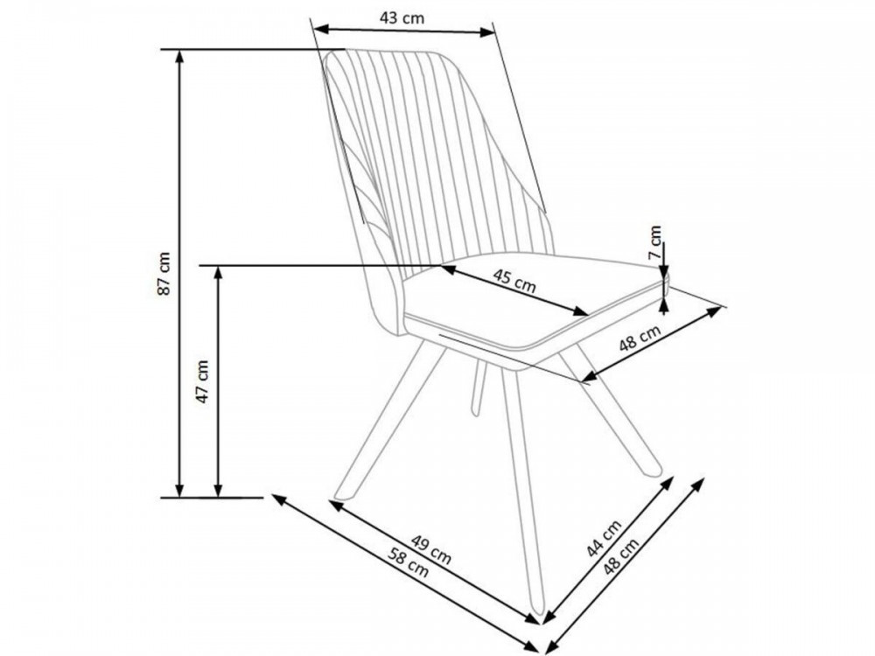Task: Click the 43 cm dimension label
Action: click(x=402, y=17)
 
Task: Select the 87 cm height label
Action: click(x=164, y=273)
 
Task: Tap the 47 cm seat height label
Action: click(x=201, y=381)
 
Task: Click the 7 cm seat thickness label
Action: click(x=654, y=241)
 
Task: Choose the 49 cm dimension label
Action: click(x=430, y=549)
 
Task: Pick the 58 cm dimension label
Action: click(x=409, y=562)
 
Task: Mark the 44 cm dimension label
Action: click(x=603, y=538)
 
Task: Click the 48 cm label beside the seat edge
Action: click(x=640, y=338)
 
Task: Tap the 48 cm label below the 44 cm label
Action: click(x=620, y=557)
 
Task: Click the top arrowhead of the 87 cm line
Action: click(x=179, y=56)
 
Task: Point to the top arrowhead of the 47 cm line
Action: click(x=218, y=272)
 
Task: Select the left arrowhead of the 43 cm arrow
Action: click(x=320, y=28)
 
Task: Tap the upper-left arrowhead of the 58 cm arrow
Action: click(x=278, y=499)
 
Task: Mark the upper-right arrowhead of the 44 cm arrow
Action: click(x=668, y=483)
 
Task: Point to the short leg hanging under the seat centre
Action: click(x=478, y=387)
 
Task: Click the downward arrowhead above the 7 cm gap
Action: click(x=664, y=272)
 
